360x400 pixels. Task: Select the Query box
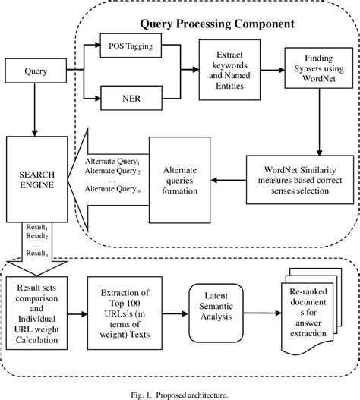[32, 74]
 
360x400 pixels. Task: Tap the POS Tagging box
[131, 47]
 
